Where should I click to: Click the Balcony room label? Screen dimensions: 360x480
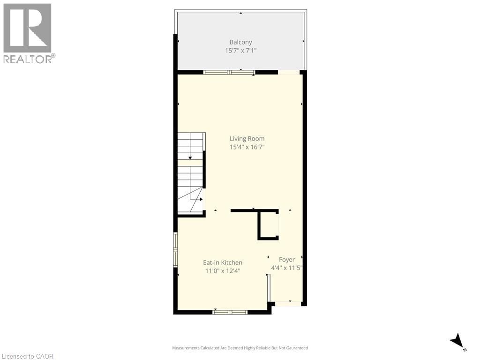240,42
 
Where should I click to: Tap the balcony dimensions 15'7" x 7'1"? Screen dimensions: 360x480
240,51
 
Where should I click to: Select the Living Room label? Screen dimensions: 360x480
247,138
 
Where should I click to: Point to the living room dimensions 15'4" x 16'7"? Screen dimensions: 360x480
247,147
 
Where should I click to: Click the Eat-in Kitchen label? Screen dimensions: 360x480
222,262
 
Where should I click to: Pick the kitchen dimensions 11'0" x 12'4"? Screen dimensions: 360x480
222,271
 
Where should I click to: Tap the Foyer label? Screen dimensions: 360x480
287,259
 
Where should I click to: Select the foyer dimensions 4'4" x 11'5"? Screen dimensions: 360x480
287,268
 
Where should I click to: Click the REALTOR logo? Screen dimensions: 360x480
28,33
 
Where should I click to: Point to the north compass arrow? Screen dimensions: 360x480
457,341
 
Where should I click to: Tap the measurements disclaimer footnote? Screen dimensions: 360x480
240,348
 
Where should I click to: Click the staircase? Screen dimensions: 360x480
190,173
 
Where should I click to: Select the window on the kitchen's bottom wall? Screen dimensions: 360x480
230,312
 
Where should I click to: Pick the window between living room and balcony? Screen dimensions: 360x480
229,72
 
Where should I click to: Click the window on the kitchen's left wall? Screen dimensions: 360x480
175,249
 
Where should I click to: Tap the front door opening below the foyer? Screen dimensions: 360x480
288,304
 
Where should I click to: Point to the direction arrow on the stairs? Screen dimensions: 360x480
190,157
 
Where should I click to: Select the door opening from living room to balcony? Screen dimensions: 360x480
289,72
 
